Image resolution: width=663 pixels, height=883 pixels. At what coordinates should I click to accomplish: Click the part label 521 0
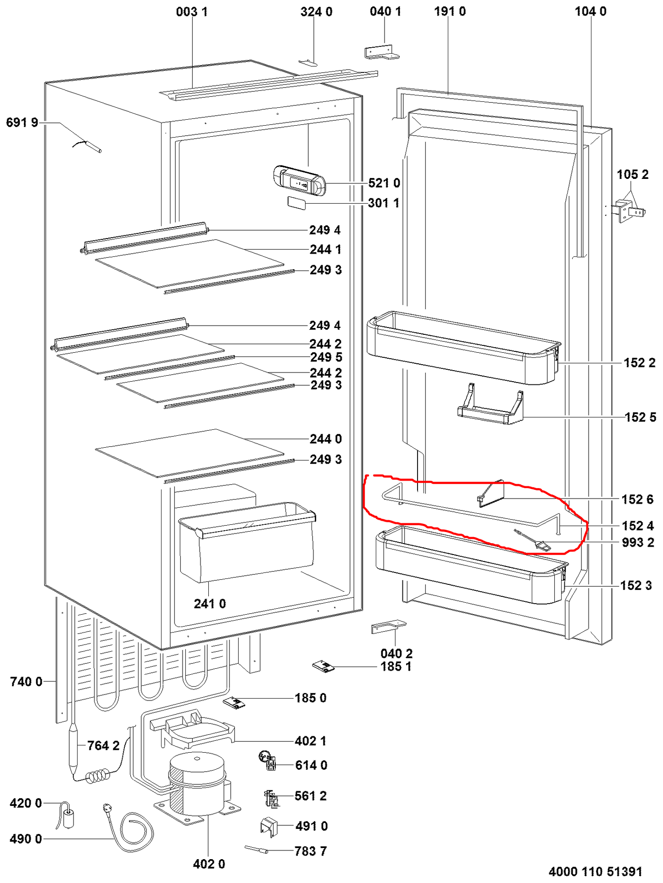point(384,183)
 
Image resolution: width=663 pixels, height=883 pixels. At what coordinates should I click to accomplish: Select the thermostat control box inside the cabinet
point(299,180)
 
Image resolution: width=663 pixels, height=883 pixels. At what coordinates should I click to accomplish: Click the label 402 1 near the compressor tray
point(311,741)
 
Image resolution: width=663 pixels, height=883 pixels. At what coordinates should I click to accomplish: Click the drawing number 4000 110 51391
point(595,872)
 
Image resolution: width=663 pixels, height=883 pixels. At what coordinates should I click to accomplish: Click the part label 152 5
point(640,417)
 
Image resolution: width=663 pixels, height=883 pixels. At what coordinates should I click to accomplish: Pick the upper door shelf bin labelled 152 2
point(463,349)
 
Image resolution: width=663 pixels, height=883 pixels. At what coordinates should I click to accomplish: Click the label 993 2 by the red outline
point(638,542)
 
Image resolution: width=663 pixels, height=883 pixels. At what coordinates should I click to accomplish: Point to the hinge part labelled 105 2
point(630,211)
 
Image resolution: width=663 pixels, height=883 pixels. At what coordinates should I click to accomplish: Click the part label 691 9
point(22,122)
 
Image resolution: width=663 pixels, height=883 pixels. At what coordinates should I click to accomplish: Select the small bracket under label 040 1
point(382,53)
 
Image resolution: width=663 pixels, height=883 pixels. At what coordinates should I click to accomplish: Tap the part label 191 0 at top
point(450,11)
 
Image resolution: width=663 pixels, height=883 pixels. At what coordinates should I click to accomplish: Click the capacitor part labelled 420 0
point(68,817)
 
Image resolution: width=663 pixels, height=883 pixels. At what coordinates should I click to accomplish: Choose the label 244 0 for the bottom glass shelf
point(325,439)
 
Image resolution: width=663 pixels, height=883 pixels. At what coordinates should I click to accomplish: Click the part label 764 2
point(103,745)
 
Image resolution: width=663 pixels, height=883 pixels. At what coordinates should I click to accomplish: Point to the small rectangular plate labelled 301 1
point(296,203)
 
